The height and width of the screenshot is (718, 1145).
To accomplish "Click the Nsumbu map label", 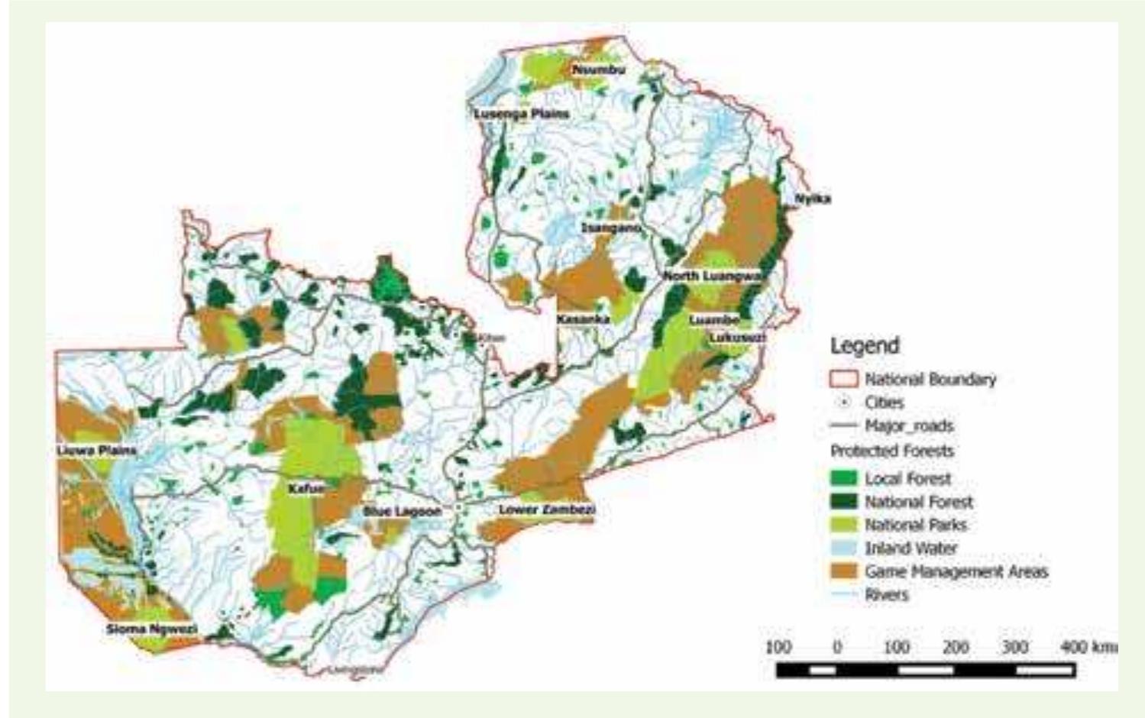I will pos(599,70).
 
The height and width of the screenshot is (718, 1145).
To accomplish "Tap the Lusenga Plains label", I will pos(522,114).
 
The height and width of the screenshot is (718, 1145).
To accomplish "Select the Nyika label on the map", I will pos(813,199).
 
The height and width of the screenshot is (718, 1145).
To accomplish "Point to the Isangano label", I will pos(611,228).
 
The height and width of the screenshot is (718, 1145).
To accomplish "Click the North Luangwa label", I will pos(713,276).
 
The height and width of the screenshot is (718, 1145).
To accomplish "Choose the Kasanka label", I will pos(583,319).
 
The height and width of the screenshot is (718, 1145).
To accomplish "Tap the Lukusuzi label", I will pos(737,337).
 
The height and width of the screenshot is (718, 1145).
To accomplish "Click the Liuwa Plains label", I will pos(97,451).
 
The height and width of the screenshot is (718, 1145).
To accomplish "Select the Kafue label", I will pos(306,488).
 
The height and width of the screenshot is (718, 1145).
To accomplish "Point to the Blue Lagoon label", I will pos(402,511).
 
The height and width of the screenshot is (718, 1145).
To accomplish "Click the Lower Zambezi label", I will pos(547,509).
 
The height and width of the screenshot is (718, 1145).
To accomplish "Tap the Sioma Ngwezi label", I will pos(152,629).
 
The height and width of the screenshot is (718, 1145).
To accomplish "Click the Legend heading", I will pos(865,346).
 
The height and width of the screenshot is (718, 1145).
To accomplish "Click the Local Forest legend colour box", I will pos(843,479).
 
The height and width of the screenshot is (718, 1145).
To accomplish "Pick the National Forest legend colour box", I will pos(843,502).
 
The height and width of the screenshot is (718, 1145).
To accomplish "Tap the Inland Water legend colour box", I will pos(843,548).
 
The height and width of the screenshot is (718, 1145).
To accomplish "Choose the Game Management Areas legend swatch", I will pos(843,571).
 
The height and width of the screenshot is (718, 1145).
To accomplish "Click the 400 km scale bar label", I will pos(1089,647).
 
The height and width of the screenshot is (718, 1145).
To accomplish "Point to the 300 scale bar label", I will pos(1014,647).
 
